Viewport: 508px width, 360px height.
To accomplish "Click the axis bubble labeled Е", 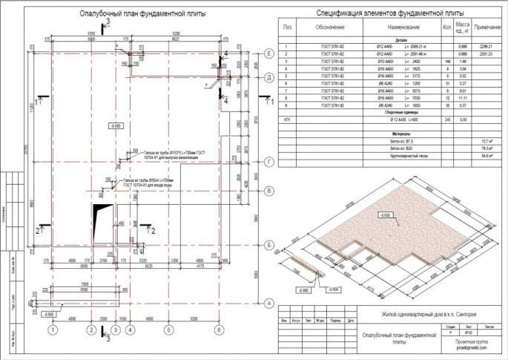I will (x=270, y=53).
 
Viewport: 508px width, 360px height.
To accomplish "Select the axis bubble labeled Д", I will (x=270, y=77).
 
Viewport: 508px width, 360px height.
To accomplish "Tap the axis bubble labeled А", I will (x=270, y=302).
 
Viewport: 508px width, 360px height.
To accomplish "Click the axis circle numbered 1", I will (x=53, y=330).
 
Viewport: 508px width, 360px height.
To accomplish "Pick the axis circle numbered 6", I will (x=219, y=330).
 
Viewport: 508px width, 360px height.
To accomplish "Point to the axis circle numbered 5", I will (x=168, y=330).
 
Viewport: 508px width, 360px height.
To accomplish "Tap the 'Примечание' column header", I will (x=489, y=27).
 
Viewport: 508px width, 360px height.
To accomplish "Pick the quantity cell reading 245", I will (x=446, y=119).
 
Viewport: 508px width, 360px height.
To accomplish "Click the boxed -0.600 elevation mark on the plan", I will (x=115, y=127).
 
